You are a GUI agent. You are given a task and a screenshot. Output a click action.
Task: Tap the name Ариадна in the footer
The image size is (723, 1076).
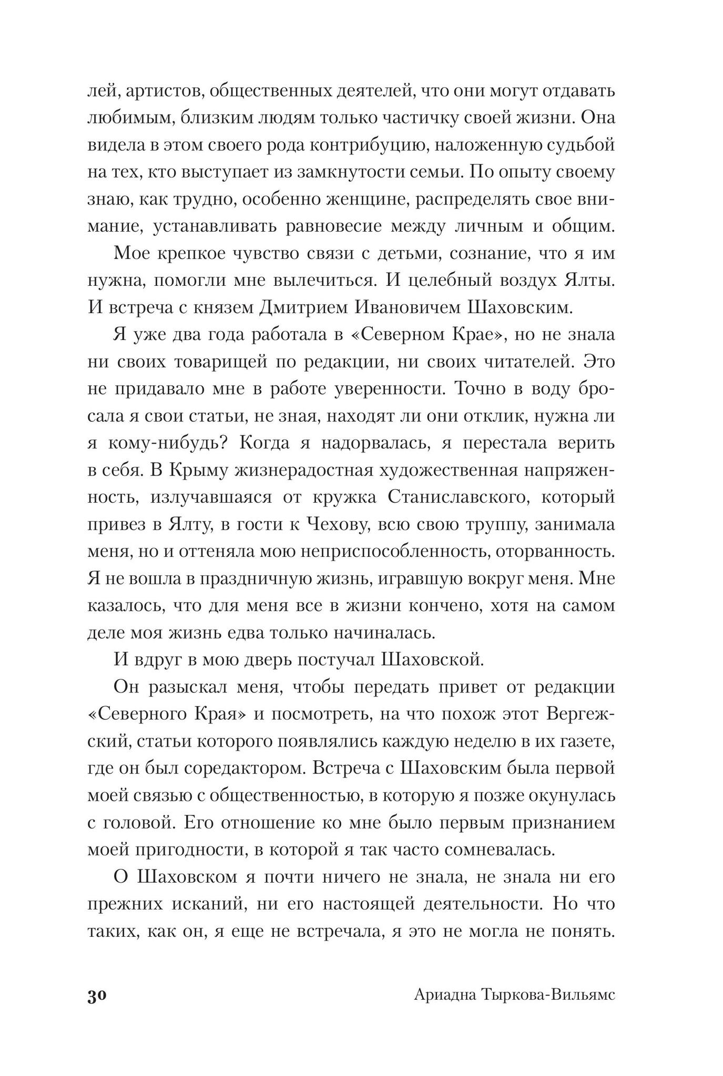tap(444, 996)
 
